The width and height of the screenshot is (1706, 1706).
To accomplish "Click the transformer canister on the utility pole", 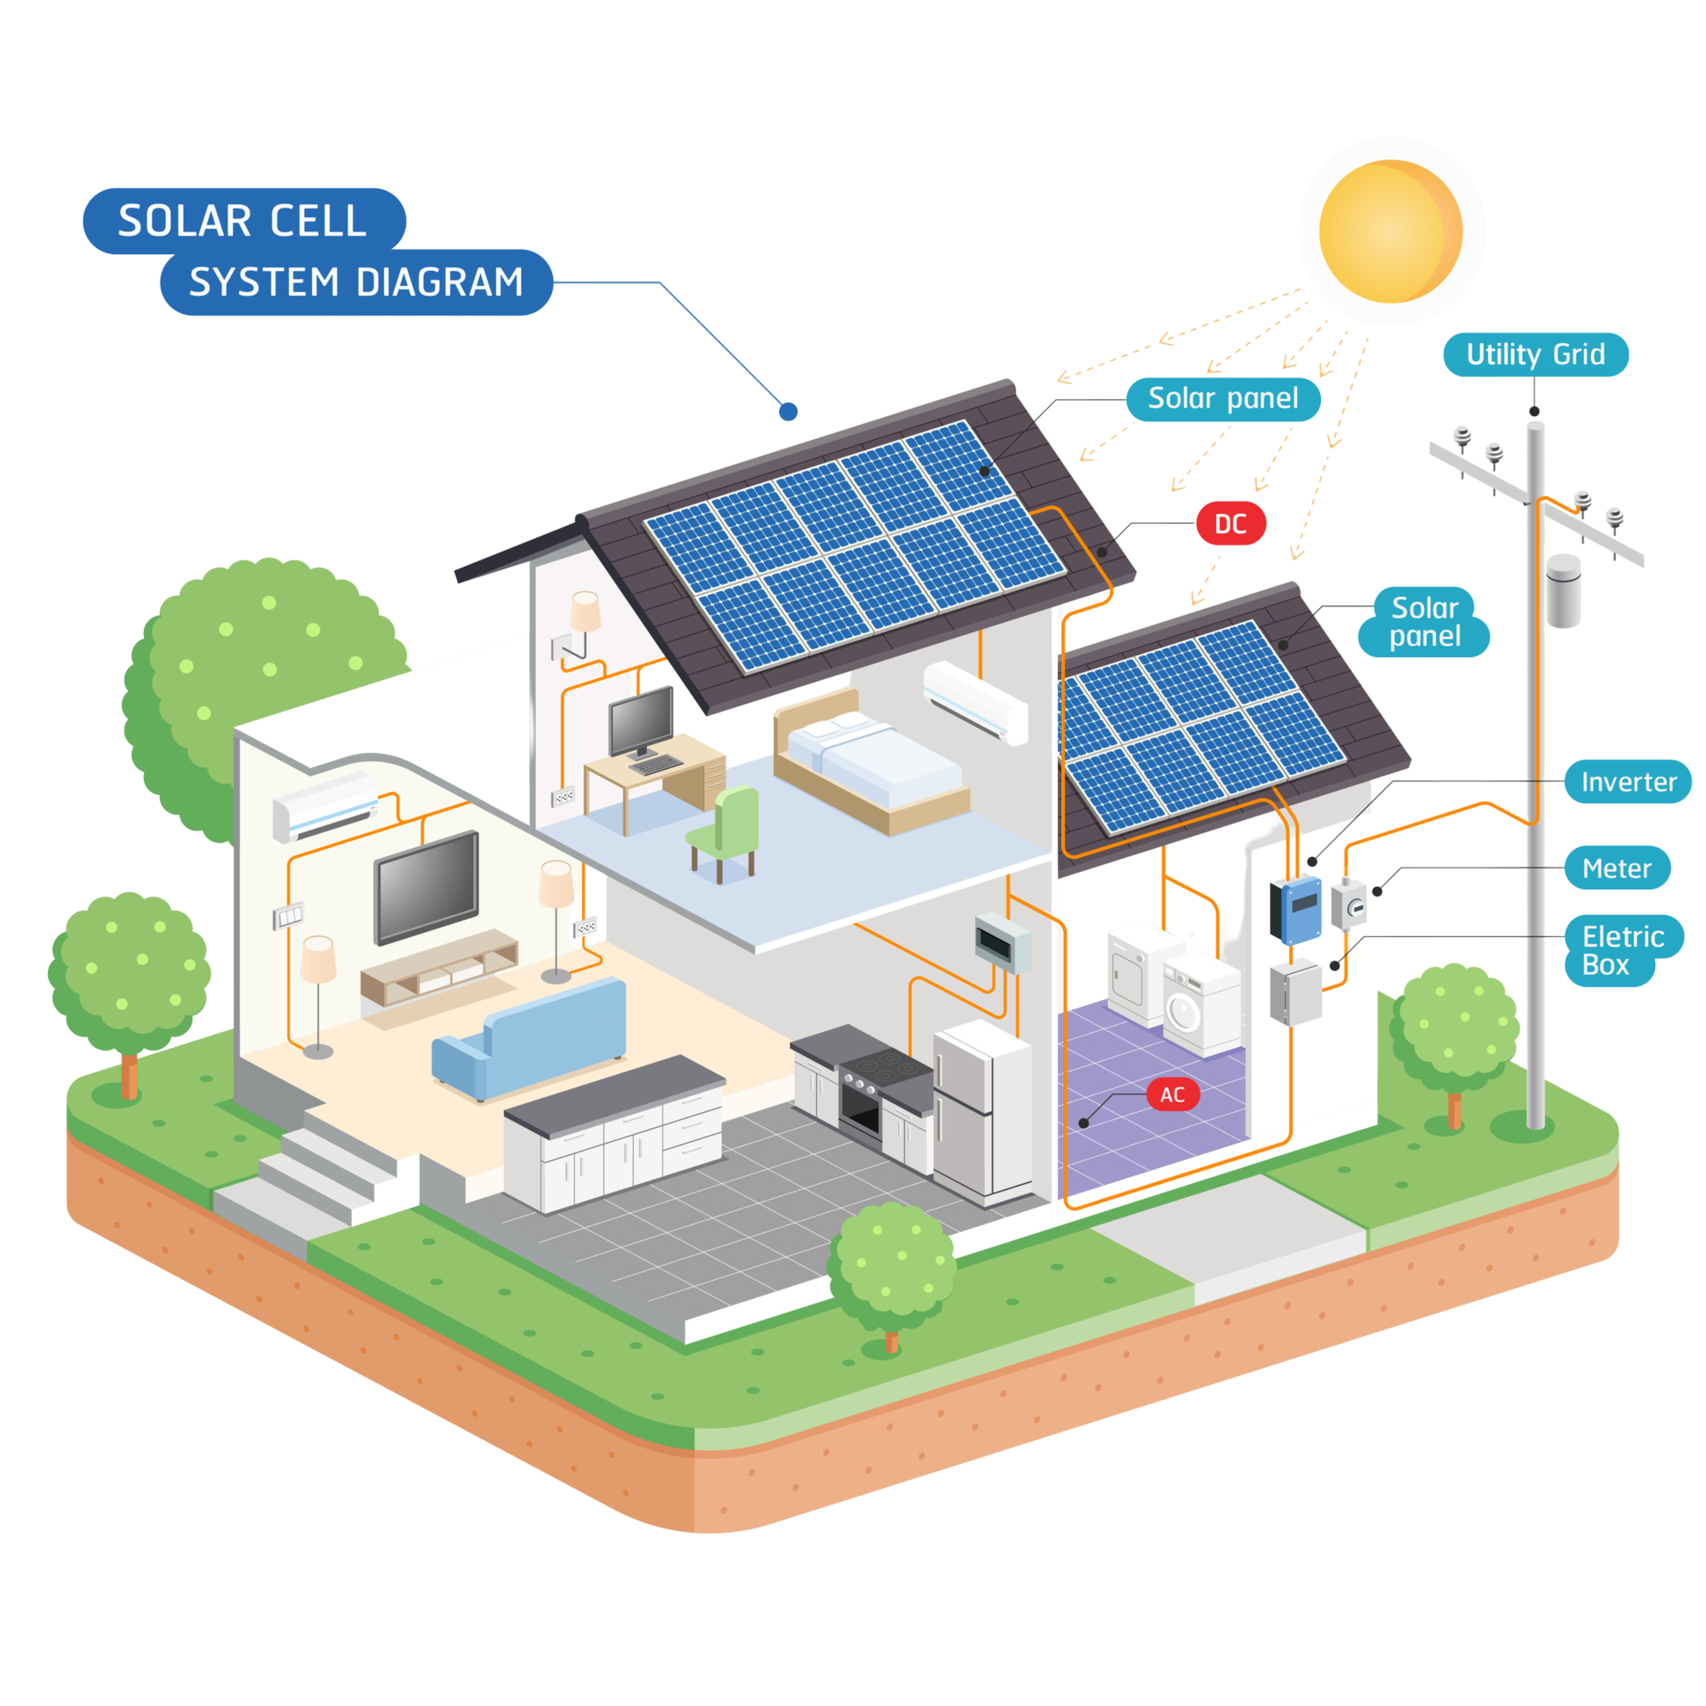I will [1564, 590].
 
